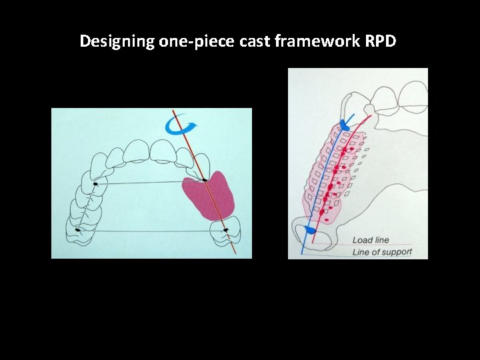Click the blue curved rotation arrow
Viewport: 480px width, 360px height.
coord(179,125)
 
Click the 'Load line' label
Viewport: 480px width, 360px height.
coord(371,240)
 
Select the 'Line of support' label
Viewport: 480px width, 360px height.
coord(382,252)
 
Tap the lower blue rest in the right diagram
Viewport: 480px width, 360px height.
coord(310,229)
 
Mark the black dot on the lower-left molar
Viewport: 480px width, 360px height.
coord(78,230)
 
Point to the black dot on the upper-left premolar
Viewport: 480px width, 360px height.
coord(95,183)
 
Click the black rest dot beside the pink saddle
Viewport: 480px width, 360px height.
coord(205,179)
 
